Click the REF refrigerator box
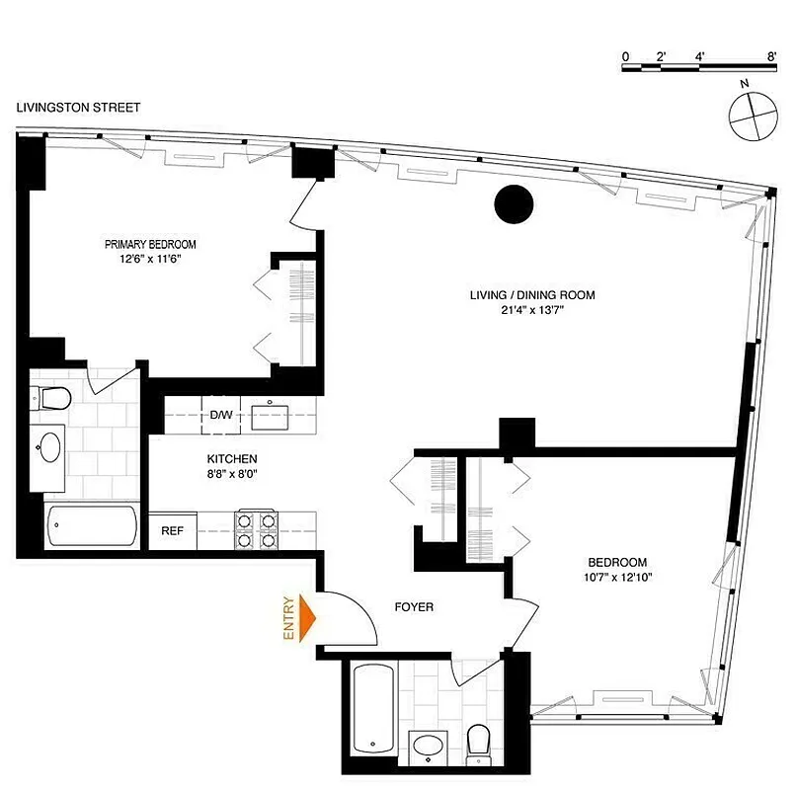click(172, 530)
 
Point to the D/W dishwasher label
click(221, 415)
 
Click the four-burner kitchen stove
click(255, 529)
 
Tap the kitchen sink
click(269, 416)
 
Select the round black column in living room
click(514, 204)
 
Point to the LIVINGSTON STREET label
click(78, 108)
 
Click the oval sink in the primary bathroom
click(47, 449)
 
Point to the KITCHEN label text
click(232, 459)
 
